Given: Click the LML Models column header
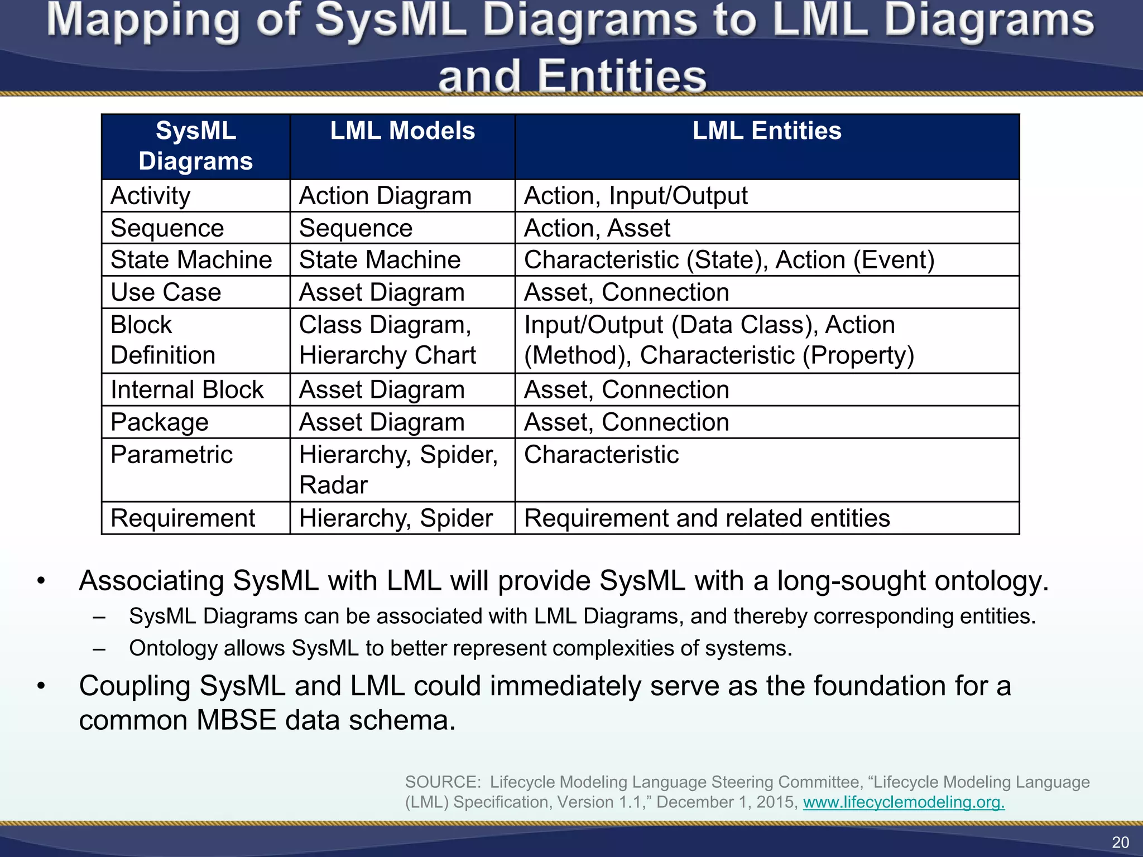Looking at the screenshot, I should click(402, 131).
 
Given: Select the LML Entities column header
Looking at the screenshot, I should click(767, 131).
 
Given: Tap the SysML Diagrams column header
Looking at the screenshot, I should click(196, 146).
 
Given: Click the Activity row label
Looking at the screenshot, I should click(151, 196).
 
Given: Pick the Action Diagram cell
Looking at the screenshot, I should click(385, 196).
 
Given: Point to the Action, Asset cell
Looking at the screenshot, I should click(597, 228).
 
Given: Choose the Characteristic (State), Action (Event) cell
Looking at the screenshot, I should click(729, 260).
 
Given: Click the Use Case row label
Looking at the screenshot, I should click(166, 292).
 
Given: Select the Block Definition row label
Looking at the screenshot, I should click(163, 340).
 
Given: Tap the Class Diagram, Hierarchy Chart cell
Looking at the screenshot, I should click(387, 340).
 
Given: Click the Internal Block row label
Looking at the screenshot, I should click(187, 389).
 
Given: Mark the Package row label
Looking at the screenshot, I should click(160, 422).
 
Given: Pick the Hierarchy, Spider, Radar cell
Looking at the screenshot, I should click(398, 469).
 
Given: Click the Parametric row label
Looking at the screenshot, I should click(171, 455).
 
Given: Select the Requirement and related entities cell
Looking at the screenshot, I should click(707, 518).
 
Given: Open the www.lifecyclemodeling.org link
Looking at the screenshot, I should click(904, 802).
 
